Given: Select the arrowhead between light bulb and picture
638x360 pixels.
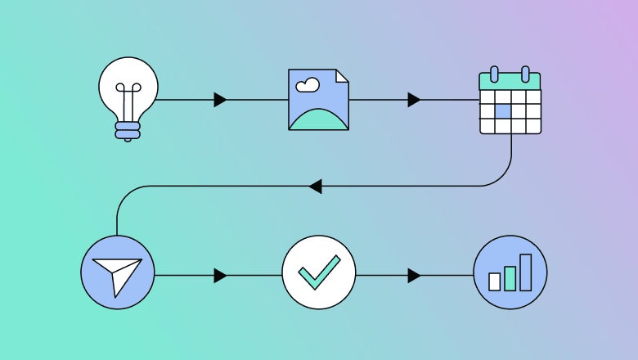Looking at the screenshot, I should (x=220, y=100).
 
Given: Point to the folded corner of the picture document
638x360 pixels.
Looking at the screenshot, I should (x=341, y=75).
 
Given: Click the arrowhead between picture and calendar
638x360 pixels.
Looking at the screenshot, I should (x=414, y=100).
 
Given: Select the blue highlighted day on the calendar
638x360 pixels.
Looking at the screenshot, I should (x=503, y=110).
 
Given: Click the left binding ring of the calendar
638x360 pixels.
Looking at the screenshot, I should (x=494, y=74).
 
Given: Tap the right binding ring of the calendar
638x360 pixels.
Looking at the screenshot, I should (x=525, y=74).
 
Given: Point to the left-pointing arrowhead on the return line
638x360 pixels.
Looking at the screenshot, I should (x=315, y=187).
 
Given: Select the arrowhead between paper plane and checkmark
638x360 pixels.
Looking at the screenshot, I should (x=220, y=276).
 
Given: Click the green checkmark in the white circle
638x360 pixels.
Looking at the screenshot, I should (x=318, y=272).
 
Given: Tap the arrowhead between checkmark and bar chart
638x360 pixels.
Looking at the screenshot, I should (x=414, y=276).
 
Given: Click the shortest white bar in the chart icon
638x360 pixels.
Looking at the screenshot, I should (x=494, y=281).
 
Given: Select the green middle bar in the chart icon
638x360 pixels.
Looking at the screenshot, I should (x=510, y=277).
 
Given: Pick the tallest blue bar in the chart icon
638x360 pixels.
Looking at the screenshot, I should (x=525, y=272).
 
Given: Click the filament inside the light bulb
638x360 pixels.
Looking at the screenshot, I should (x=128, y=102).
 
